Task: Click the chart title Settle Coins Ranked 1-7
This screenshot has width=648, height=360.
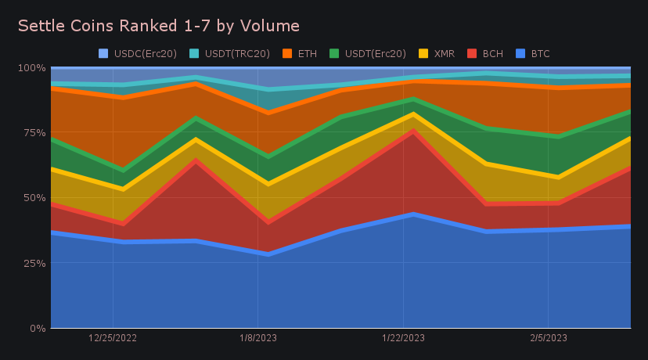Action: point(158,26)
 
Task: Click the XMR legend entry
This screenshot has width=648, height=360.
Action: point(439,54)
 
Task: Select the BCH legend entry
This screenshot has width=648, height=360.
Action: point(486,54)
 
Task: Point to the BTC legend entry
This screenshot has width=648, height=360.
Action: point(534,54)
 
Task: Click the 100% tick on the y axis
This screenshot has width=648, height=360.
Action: point(31,67)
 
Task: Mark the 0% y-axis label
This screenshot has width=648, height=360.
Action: point(37,328)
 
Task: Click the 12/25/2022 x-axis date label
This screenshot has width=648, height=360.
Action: point(113,338)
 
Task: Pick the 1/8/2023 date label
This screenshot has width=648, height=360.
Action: point(258,338)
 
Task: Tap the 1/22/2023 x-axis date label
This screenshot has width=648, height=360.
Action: point(403,338)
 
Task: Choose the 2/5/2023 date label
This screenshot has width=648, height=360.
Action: point(548,338)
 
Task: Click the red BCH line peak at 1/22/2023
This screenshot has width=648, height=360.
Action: point(403,131)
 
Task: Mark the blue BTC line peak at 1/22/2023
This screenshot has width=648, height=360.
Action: point(403,214)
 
